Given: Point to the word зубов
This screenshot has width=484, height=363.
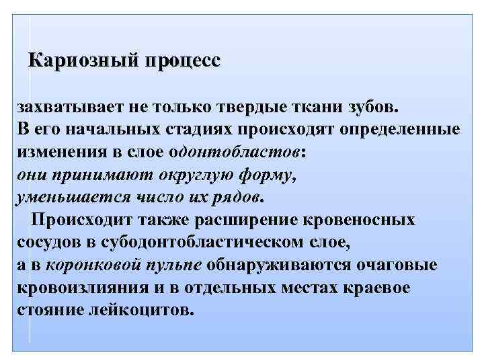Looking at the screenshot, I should [373, 106].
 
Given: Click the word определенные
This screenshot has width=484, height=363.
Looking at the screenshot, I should [385, 128].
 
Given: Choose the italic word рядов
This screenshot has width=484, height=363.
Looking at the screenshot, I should [237, 197].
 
